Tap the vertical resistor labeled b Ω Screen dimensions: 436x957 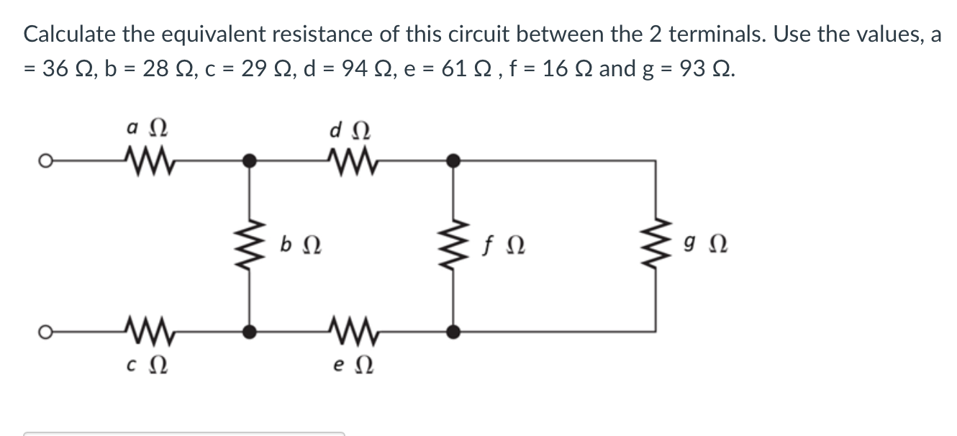250,245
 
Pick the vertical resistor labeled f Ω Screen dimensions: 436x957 453,245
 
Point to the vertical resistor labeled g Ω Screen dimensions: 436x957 655,245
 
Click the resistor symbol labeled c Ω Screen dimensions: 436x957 148,332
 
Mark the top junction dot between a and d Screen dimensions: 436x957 250,160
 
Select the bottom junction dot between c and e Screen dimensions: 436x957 250,332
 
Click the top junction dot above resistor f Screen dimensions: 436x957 453,160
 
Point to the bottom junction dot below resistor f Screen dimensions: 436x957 453,332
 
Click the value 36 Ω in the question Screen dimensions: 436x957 68,69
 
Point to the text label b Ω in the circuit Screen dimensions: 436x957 299,246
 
